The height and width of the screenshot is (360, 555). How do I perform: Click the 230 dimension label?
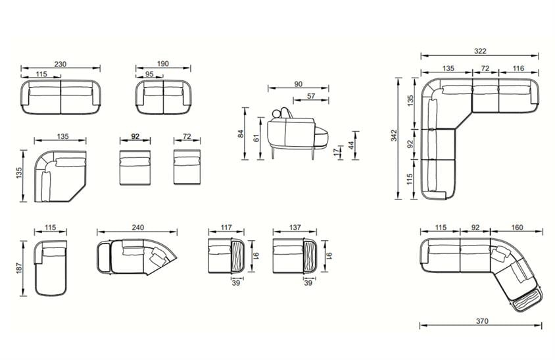tap(60, 64)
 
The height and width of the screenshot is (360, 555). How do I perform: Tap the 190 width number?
tap(163, 64)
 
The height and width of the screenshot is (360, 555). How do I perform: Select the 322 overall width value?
tap(480, 51)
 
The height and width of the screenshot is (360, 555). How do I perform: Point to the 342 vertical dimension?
tap(394, 136)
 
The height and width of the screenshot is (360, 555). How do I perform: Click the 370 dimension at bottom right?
tap(482, 321)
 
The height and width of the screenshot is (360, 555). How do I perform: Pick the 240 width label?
tap(137, 228)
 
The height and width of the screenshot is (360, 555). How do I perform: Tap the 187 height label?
tap(19, 267)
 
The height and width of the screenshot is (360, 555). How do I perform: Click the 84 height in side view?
tap(241, 134)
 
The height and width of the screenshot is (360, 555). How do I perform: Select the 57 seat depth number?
tap(311, 96)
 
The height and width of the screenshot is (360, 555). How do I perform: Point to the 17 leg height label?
tap(336, 152)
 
